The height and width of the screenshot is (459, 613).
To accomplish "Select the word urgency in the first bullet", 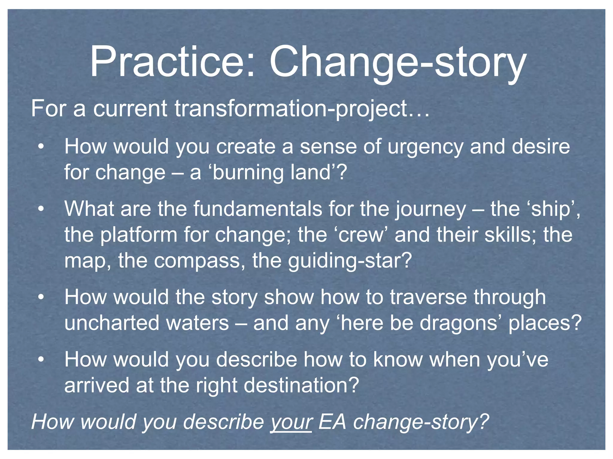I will click(425, 147).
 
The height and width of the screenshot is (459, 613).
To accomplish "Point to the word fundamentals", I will click(258, 209).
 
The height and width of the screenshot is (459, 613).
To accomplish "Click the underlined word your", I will click(291, 422).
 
